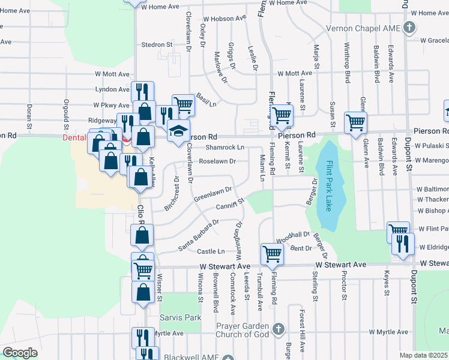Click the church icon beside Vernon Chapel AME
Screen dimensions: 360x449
click(x=409, y=28)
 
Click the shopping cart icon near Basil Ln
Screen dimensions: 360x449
click(x=184, y=104)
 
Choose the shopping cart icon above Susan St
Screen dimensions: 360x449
click(x=356, y=122)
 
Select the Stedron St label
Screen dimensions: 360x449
click(x=157, y=44)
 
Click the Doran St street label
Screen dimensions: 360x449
click(x=29, y=116)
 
